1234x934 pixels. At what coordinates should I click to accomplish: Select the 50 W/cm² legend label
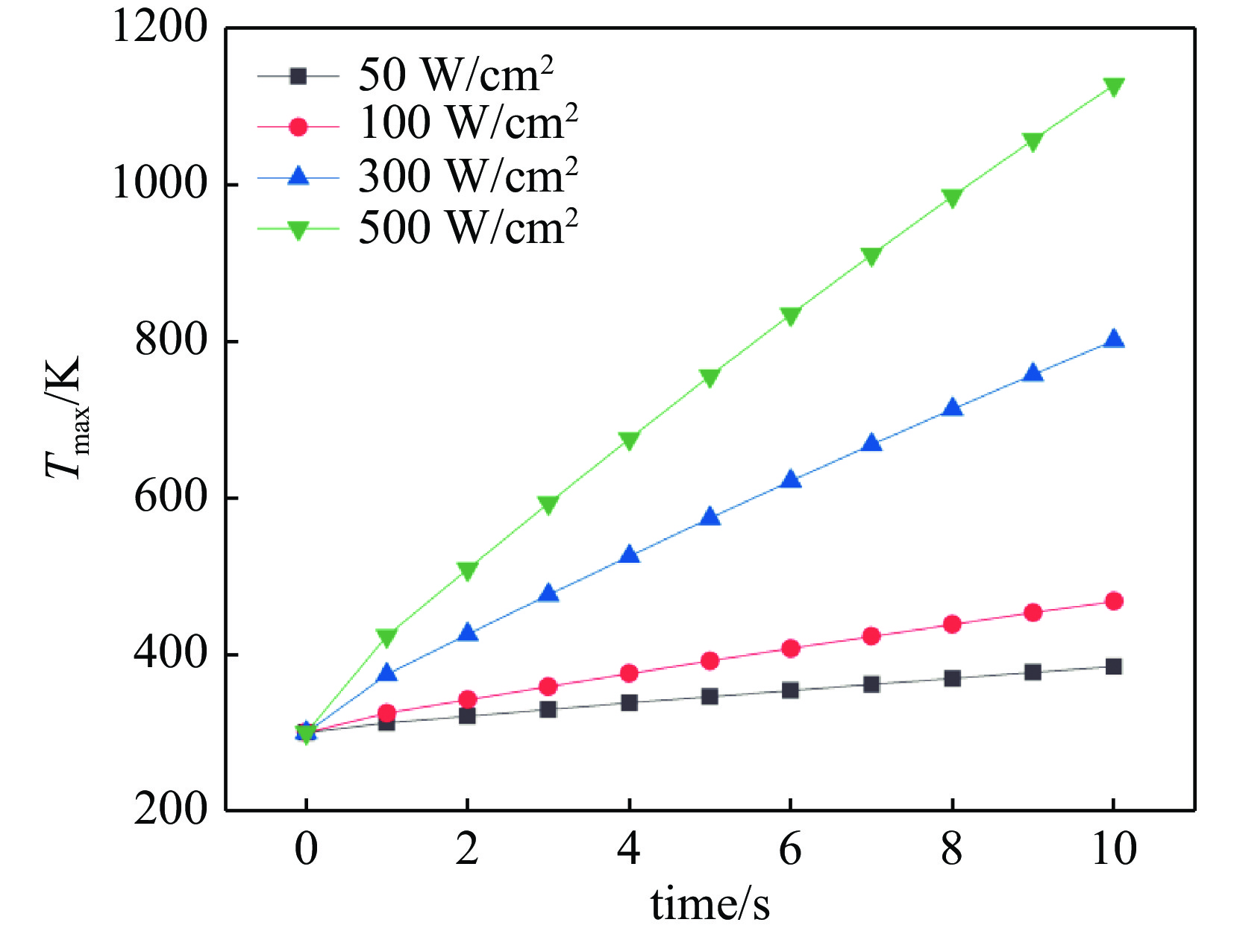click(456, 75)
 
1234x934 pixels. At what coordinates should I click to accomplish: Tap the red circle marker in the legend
click(298, 127)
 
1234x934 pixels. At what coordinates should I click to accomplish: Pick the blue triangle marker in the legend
click(298, 177)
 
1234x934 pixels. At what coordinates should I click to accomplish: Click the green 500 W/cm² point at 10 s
click(1113, 87)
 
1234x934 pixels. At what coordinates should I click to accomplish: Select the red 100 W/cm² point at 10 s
click(1113, 602)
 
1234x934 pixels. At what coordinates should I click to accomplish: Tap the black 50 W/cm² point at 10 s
click(1113, 666)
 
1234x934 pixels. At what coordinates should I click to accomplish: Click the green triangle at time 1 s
click(386, 637)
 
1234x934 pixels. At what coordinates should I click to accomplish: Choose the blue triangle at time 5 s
click(710, 517)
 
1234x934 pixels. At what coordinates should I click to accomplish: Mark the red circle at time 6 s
click(791, 649)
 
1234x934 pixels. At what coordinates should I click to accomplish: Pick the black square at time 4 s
click(629, 702)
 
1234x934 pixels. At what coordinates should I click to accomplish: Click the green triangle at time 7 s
click(871, 256)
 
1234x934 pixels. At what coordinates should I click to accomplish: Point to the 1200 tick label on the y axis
click(159, 28)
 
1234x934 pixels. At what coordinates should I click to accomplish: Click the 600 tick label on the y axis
click(171, 498)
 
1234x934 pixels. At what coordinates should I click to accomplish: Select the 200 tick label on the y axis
click(171, 810)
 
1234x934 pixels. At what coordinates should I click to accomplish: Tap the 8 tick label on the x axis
click(952, 849)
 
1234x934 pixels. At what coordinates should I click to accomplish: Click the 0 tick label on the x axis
click(306, 849)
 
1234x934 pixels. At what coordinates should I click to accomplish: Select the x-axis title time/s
click(710, 904)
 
